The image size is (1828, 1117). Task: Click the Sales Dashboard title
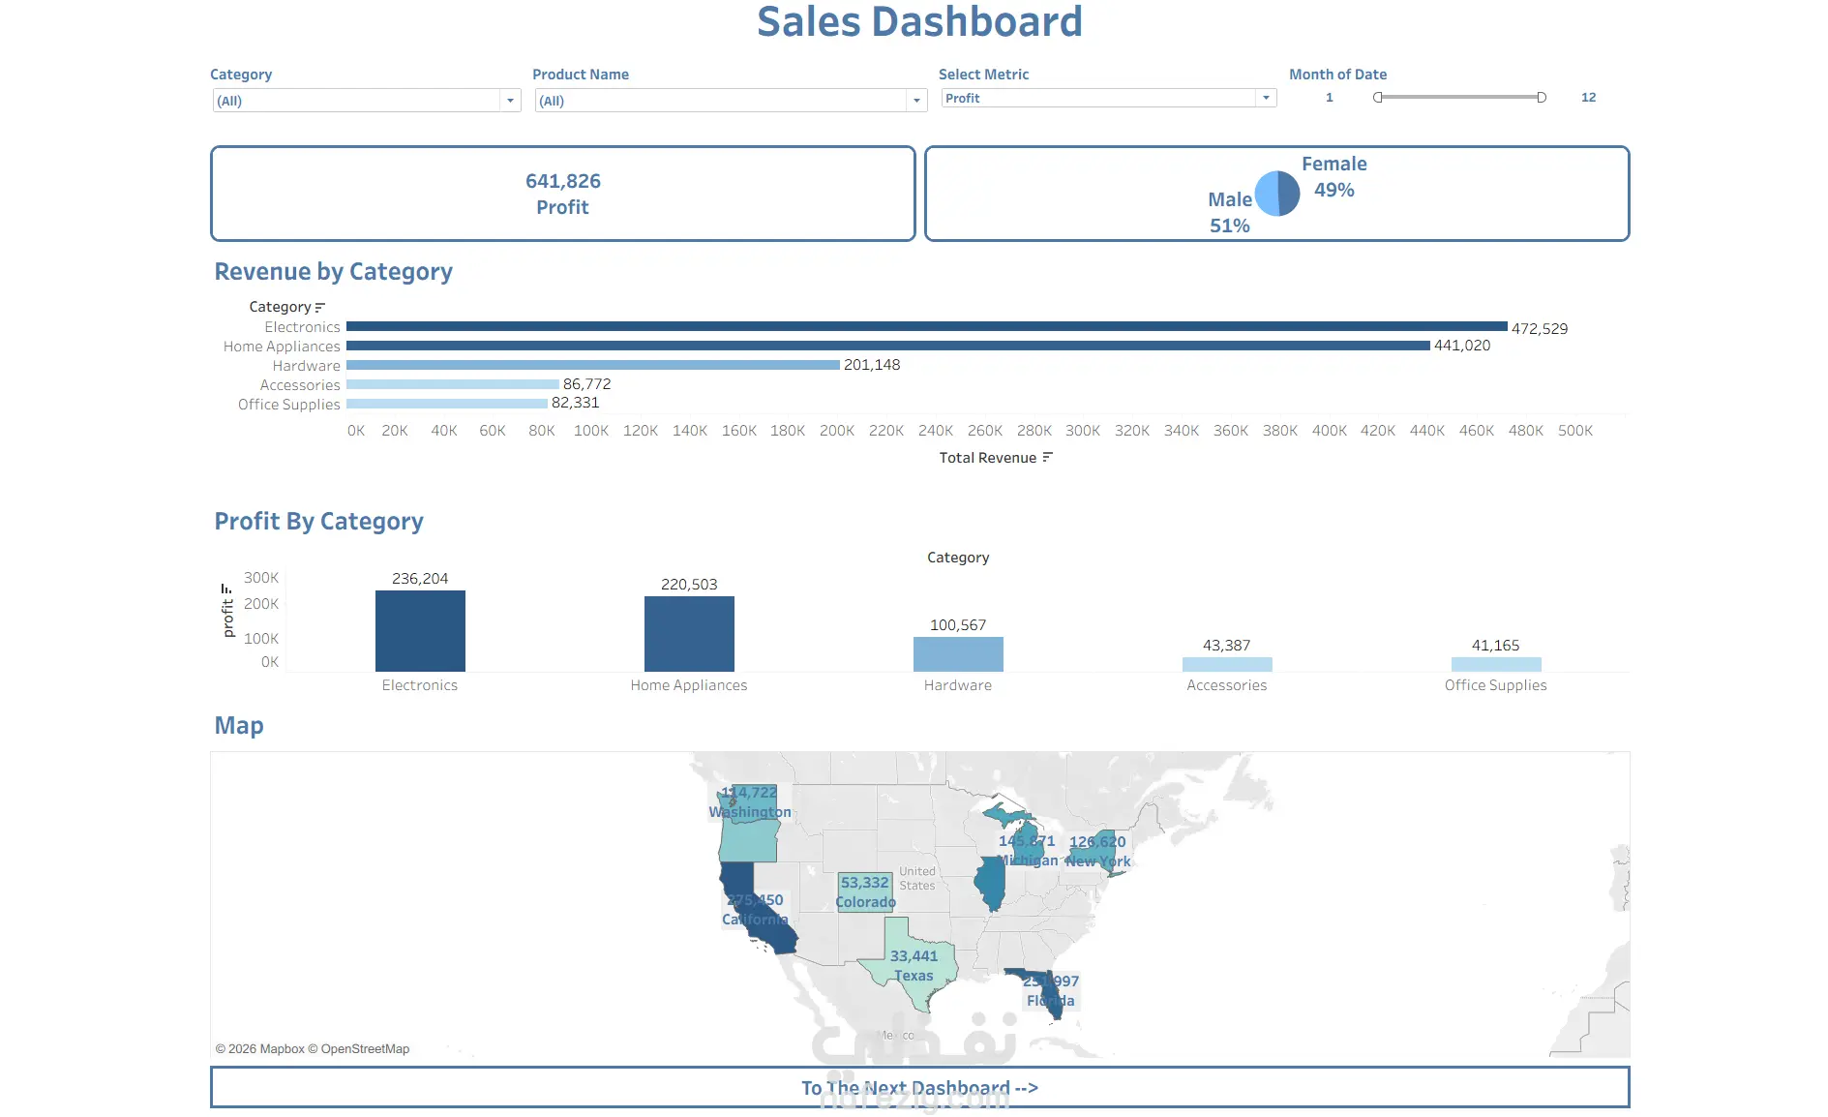pyautogui.click(x=919, y=22)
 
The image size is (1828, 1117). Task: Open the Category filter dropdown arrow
pyautogui.click(x=510, y=101)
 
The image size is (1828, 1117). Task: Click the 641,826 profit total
pyautogui.click(x=563, y=181)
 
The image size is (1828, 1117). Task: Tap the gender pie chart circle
pyautogui.click(x=1277, y=194)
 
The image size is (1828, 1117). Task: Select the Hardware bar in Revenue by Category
pyautogui.click(x=592, y=365)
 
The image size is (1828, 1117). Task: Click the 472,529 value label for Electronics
pyautogui.click(x=1540, y=329)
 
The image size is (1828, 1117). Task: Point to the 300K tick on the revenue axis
pyautogui.click(x=1083, y=431)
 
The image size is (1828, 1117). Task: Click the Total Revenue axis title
pyautogui.click(x=988, y=458)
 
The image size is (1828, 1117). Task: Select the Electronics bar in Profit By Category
pyautogui.click(x=420, y=631)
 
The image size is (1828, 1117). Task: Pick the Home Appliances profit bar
pyautogui.click(x=689, y=634)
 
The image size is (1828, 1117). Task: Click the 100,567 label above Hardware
pyautogui.click(x=958, y=625)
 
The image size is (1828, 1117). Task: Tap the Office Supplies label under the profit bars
pyautogui.click(x=1495, y=685)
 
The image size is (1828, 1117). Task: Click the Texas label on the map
pyautogui.click(x=914, y=976)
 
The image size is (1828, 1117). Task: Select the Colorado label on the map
pyautogui.click(x=865, y=902)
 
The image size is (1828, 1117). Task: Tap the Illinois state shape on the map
pyautogui.click(x=990, y=884)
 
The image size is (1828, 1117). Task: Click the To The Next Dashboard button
pyautogui.click(x=919, y=1088)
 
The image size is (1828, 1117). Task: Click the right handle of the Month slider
pyautogui.click(x=1542, y=98)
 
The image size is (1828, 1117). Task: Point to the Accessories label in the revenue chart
pyautogui.click(x=300, y=385)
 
